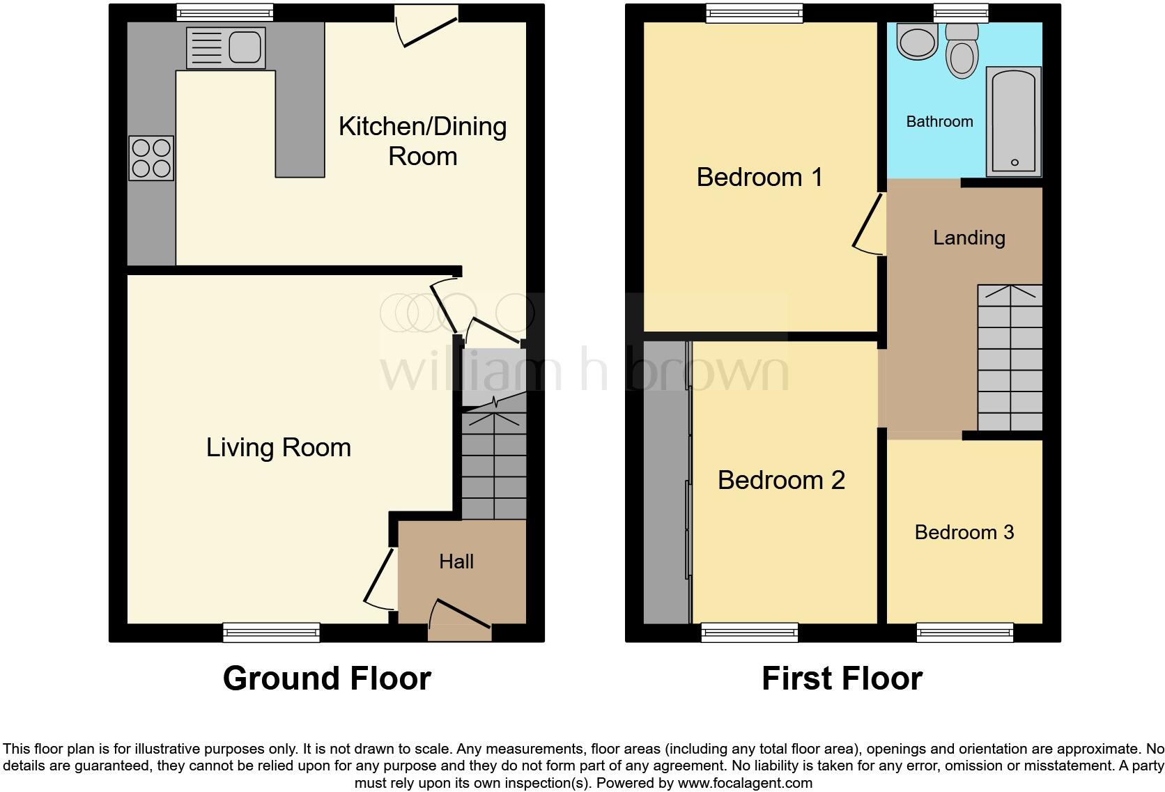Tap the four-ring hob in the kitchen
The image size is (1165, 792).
151,158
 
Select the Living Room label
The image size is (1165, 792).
278,447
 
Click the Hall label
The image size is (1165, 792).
456,561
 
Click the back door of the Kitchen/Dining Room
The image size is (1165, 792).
426,28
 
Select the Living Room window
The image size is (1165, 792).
271,632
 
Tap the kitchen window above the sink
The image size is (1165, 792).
224,12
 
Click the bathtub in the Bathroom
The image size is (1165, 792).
1014,121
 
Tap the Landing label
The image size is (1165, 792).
969,238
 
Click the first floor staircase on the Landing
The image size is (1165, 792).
1010,359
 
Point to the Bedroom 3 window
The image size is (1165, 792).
964,632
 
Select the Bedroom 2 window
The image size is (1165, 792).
750,632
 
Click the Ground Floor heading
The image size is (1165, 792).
327,678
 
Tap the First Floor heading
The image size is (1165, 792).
842,678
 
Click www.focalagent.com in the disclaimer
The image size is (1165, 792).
745,783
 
